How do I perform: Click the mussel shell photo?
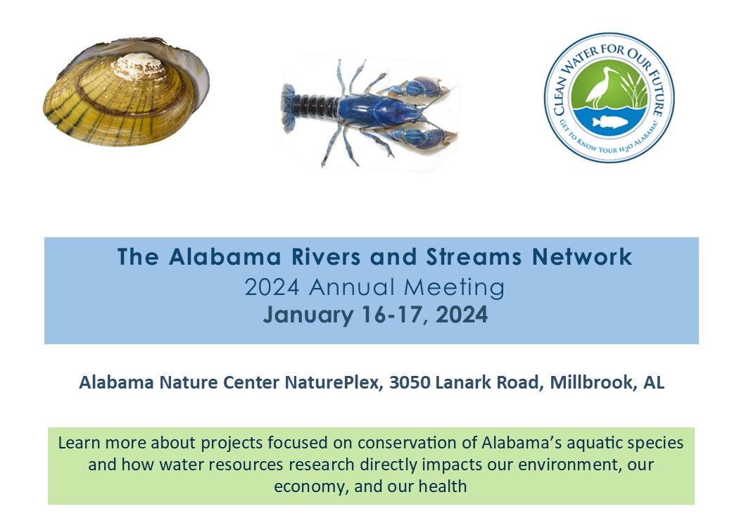[126, 92]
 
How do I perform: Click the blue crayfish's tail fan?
[288, 108]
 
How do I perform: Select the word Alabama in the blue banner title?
[225, 257]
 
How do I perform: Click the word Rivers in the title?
[326, 257]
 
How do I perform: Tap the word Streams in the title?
[474, 257]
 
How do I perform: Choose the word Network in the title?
[582, 257]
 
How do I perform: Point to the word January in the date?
[308, 315]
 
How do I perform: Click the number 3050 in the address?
[410, 382]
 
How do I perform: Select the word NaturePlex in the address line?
[331, 383]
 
